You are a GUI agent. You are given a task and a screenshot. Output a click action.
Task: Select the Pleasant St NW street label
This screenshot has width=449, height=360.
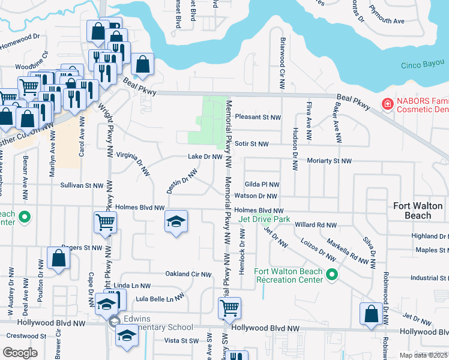258,117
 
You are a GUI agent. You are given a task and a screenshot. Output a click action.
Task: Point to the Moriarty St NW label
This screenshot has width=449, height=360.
329,161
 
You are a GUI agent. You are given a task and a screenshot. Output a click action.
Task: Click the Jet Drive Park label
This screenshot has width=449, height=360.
264,219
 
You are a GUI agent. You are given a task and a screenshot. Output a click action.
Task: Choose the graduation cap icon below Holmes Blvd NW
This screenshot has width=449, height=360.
176,222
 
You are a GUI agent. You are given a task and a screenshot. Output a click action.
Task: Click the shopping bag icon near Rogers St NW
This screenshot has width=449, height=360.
58,259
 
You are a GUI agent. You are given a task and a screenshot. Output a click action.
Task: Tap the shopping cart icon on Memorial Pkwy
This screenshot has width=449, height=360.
229,309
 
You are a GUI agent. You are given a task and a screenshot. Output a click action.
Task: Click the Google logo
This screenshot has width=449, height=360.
20,352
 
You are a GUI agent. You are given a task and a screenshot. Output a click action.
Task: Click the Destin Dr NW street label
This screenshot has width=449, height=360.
182,181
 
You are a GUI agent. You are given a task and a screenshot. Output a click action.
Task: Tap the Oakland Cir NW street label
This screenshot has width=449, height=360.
188,274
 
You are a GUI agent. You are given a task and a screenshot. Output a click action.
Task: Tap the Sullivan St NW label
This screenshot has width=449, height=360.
82,186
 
